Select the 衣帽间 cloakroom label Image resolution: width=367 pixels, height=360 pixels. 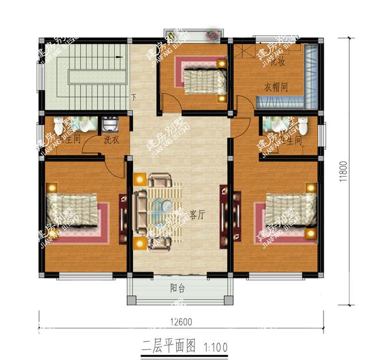tap(275, 88)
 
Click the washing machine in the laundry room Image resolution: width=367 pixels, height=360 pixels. tap(109, 124)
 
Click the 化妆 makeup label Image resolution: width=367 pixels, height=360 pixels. tap(279, 61)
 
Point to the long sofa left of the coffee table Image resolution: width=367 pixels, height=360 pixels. tap(140, 210)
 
